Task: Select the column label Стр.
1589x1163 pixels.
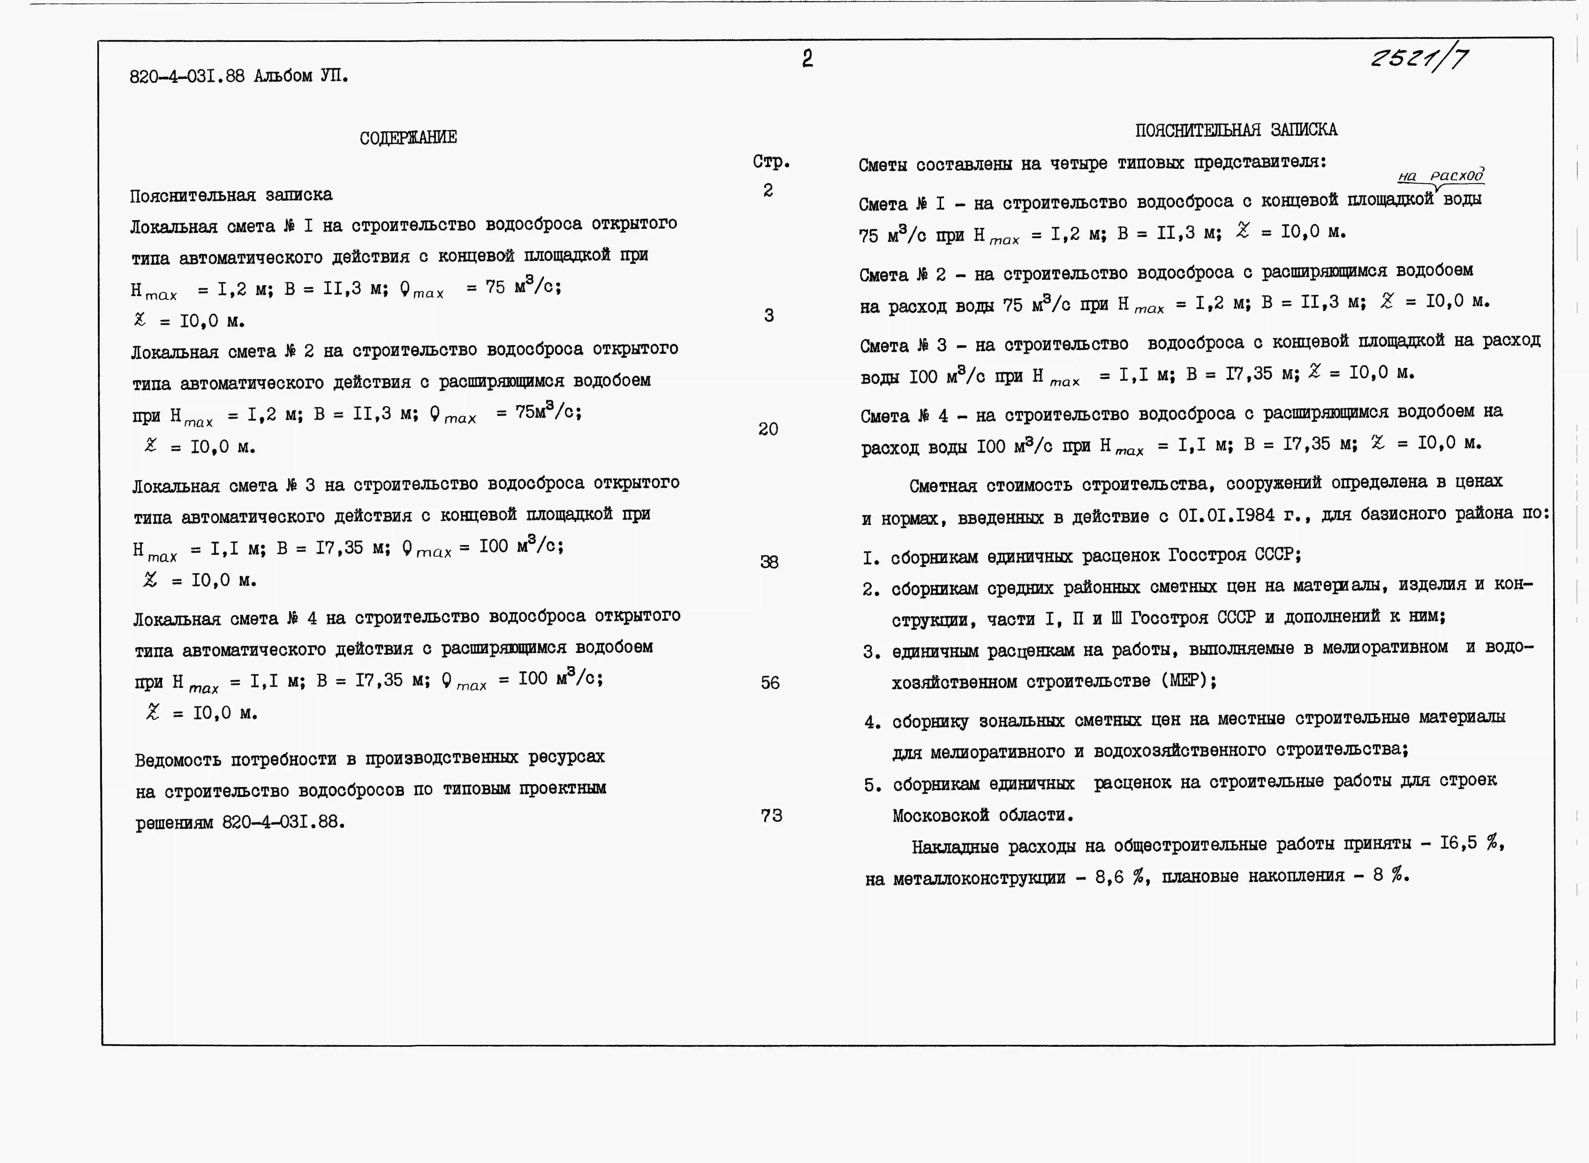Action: [771, 162]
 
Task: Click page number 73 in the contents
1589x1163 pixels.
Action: [771, 815]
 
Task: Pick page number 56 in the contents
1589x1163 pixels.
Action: [770, 682]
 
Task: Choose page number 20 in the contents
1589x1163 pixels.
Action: [768, 429]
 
